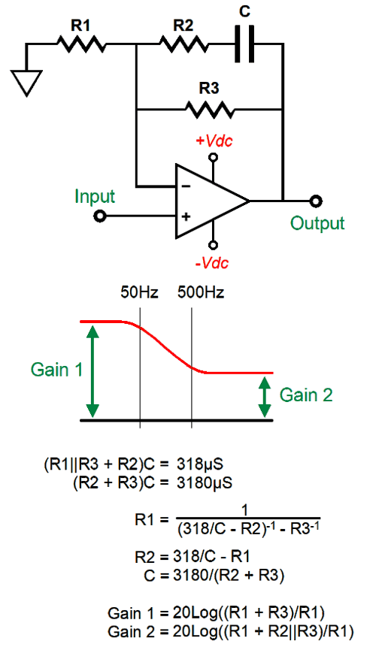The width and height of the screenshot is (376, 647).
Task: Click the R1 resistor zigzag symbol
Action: pyautogui.click(x=82, y=44)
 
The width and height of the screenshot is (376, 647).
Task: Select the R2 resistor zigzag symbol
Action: pyautogui.click(x=183, y=44)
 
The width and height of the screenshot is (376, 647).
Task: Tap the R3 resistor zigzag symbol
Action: pyautogui.click(x=210, y=110)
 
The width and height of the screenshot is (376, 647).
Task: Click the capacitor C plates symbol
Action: pyautogui.click(x=244, y=44)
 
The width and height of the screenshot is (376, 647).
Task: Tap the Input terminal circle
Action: pyautogui.click(x=99, y=216)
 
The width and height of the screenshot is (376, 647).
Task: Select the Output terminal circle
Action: pyautogui.click(x=316, y=201)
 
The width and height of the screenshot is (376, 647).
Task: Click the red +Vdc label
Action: pyautogui.click(x=214, y=141)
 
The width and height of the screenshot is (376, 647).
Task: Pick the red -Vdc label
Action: pyautogui.click(x=212, y=262)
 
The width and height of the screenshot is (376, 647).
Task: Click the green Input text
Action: pyautogui.click(x=95, y=197)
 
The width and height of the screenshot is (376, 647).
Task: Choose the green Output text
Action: pyautogui.click(x=317, y=223)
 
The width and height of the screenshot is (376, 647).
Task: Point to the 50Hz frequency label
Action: pyautogui.click(x=140, y=292)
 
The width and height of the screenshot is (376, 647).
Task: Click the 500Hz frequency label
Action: pyautogui.click(x=201, y=292)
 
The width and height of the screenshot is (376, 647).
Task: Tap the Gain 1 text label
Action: pyautogui.click(x=56, y=369)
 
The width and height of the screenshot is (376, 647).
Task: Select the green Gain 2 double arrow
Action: pyautogui.click(x=264, y=397)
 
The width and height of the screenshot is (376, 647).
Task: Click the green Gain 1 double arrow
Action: pyautogui.click(x=92, y=371)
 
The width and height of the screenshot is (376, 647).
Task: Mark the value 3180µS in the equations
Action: pyautogui.click(x=205, y=482)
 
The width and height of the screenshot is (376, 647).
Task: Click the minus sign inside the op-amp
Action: pyautogui.click(x=186, y=186)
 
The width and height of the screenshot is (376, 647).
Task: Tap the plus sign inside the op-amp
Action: pyautogui.click(x=186, y=216)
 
